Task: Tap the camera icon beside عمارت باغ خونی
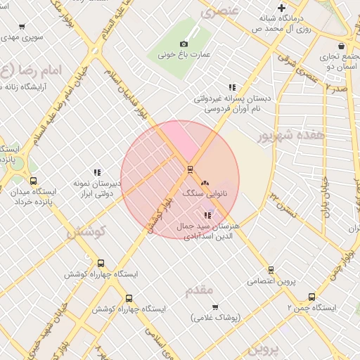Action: (x=184, y=44)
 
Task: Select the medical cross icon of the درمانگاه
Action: (x=282, y=8)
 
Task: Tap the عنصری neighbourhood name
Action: (x=220, y=11)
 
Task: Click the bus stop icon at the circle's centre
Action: (x=190, y=169)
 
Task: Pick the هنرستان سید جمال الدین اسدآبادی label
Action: (x=211, y=231)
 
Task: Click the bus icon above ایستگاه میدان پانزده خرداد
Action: (x=34, y=181)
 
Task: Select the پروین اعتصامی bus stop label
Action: (x=271, y=281)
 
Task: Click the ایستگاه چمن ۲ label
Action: (x=312, y=308)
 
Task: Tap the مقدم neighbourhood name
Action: (x=200, y=290)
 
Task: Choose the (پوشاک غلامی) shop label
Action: (x=215, y=317)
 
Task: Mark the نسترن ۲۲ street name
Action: (x=286, y=202)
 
